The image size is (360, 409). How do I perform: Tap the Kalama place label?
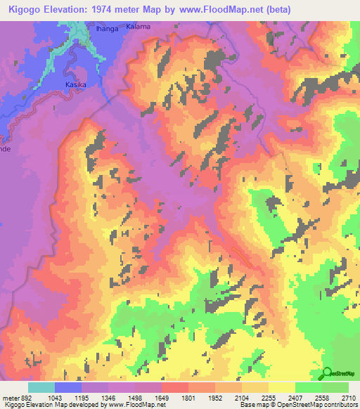point(139,26)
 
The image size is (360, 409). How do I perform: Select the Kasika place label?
point(75,84)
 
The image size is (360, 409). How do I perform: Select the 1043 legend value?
point(64,397)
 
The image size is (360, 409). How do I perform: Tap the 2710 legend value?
point(349,397)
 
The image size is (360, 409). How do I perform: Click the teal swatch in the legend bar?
point(41,387)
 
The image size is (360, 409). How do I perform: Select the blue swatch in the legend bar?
point(68,387)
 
